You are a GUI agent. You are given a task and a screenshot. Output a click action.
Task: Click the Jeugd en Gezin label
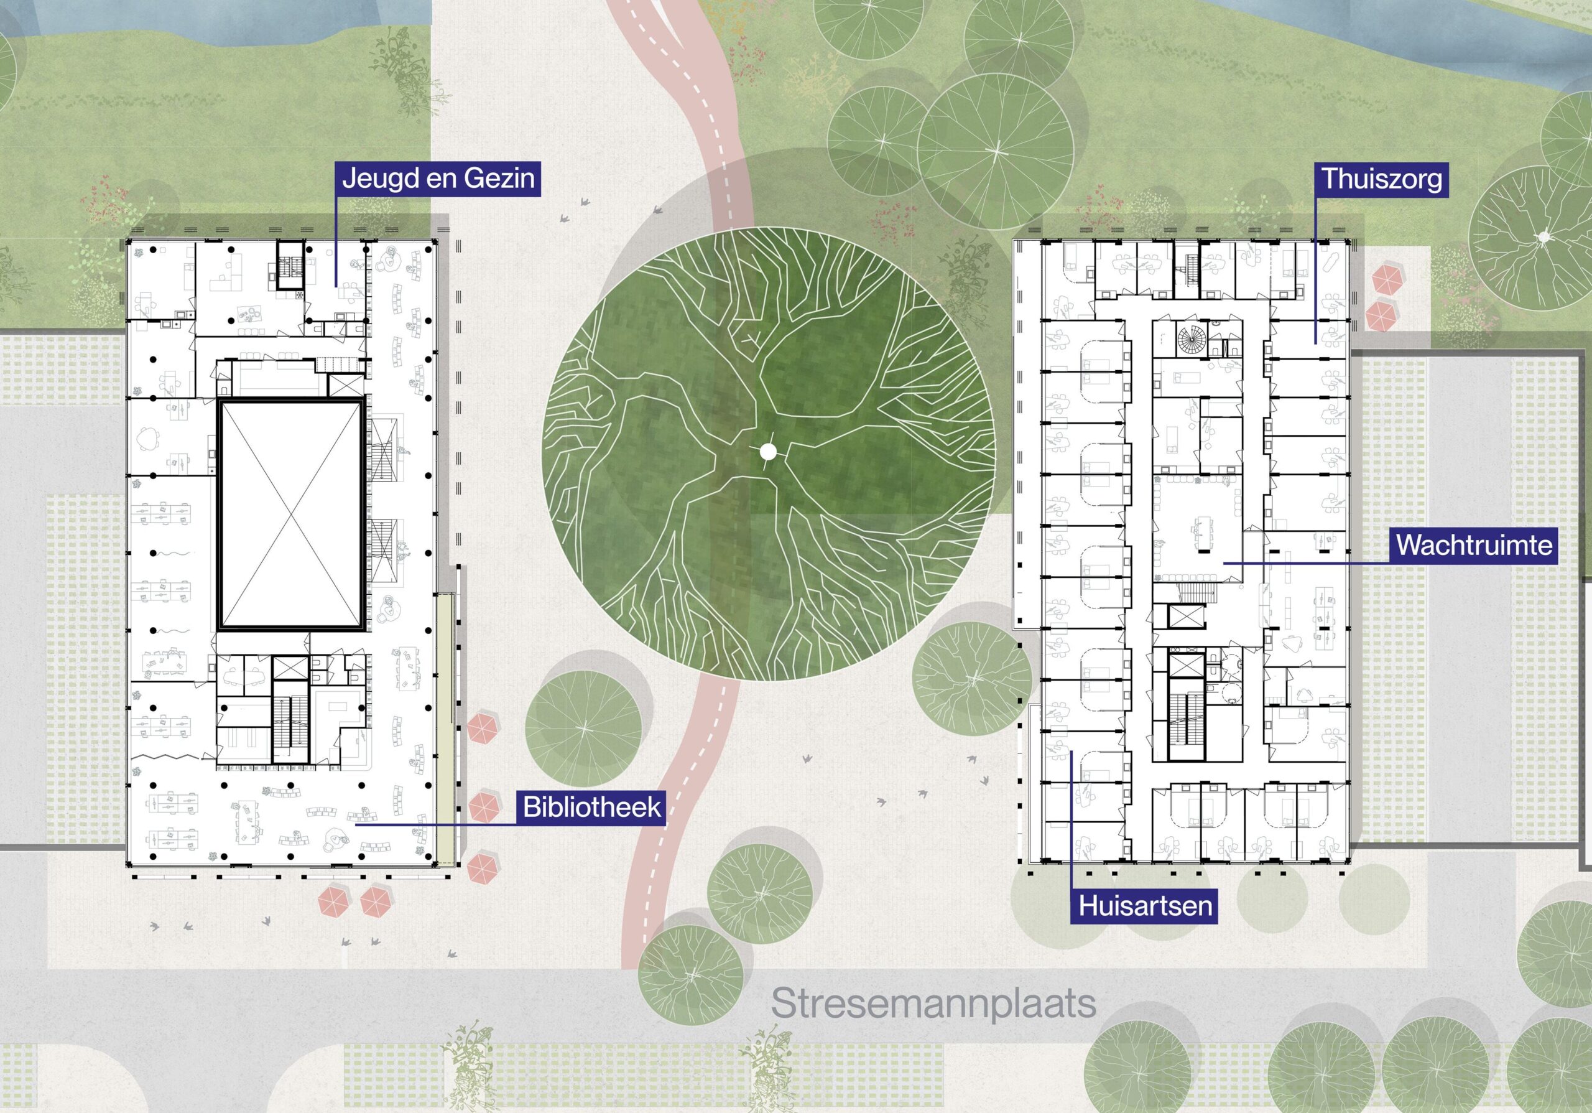click(x=438, y=178)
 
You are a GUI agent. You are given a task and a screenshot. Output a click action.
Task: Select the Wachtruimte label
click(x=1474, y=544)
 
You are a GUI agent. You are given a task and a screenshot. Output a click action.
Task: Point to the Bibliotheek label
click(x=591, y=806)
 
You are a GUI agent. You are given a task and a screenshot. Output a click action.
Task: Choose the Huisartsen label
click(x=1145, y=906)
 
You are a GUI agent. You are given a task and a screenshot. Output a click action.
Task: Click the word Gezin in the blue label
click(x=499, y=178)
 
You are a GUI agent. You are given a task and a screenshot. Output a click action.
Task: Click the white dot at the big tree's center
click(x=767, y=452)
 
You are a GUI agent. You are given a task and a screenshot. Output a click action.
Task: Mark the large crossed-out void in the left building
click(x=291, y=515)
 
